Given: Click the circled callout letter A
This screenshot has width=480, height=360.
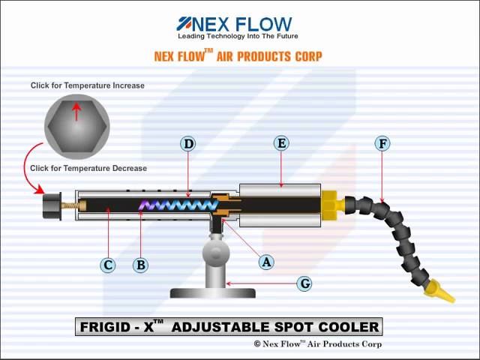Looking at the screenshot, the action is [266, 262].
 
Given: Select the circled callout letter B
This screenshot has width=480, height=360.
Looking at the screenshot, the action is [140, 265].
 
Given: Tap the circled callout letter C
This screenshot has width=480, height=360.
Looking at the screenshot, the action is [108, 265].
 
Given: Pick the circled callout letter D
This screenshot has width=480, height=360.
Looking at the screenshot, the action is [188, 143].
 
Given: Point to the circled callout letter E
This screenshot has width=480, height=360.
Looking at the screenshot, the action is [281, 143].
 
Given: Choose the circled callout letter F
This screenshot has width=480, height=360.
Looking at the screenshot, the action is [382, 143].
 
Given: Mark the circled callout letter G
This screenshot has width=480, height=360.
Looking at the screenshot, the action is [304, 283].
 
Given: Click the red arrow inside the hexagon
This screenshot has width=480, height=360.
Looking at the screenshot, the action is [76, 112].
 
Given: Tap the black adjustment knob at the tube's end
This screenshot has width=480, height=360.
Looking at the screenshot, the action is [52, 205].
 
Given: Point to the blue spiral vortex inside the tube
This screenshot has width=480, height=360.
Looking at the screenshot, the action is [178, 205].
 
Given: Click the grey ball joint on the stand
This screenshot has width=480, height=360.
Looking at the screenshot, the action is [216, 253].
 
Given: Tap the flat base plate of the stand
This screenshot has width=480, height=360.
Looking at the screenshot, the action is [213, 293].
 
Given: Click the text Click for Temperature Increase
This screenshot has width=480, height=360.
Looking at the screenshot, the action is [88, 85].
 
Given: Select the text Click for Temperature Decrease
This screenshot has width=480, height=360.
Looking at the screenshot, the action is [88, 168].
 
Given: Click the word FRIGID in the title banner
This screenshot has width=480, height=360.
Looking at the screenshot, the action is [104, 327].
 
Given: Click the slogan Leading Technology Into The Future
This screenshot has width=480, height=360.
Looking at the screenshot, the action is [238, 36].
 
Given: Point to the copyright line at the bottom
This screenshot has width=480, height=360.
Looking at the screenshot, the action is [318, 344].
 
